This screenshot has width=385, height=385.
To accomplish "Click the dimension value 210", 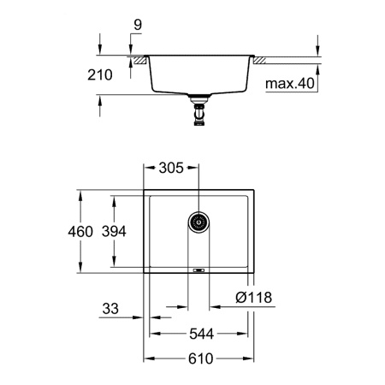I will [x=100, y=75].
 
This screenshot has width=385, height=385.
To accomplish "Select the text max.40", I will [x=288, y=84].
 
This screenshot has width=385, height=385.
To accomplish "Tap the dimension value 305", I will [x=170, y=169].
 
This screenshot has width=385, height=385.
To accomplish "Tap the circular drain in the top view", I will [x=198, y=223].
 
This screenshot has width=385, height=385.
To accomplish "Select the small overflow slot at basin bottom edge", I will [x=198, y=270].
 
